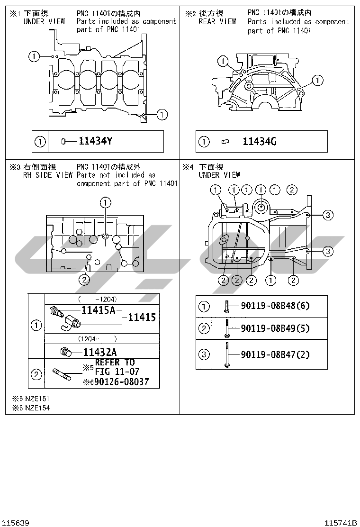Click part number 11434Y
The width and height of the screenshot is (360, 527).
95,141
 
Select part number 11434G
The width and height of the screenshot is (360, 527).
260,142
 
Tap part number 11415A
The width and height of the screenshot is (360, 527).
99,310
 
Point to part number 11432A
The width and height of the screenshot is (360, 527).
100,352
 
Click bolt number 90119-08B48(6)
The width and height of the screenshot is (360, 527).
275,306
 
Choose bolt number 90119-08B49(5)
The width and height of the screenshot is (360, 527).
275,328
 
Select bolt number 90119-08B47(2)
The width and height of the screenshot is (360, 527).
275,354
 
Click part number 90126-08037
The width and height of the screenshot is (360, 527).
121,382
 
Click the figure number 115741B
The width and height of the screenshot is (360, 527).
341,523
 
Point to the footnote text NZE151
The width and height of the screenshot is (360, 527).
37,399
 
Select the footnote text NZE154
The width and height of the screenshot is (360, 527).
37,408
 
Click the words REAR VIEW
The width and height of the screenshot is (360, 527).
217,21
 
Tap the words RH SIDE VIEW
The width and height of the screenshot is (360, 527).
48,175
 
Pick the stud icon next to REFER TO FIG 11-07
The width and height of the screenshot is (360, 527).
62,374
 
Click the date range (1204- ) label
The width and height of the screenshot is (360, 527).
98,339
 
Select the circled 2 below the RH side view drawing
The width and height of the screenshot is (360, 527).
84,280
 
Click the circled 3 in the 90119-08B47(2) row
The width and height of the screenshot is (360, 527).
204,354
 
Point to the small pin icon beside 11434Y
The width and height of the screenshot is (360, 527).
63,142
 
